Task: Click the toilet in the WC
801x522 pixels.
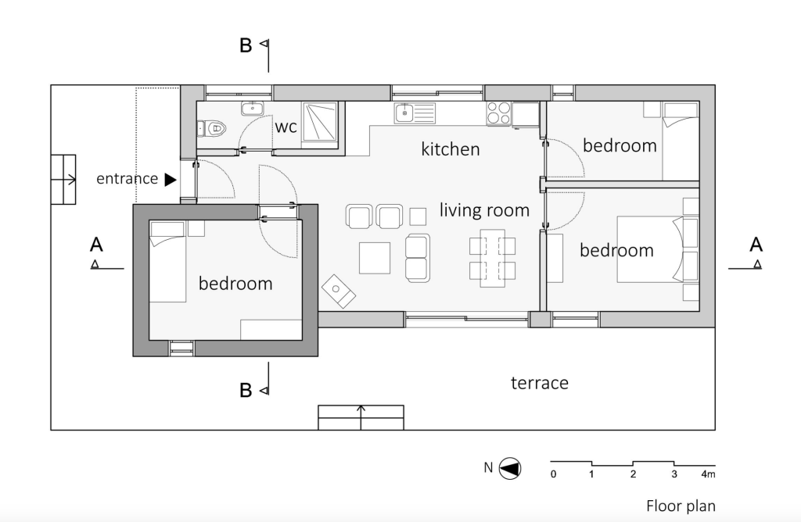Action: click(214, 127)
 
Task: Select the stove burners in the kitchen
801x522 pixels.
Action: click(498, 113)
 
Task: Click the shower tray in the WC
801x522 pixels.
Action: click(319, 122)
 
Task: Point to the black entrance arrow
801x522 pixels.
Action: click(171, 179)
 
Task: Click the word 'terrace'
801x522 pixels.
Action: click(539, 383)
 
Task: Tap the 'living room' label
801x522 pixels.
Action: click(484, 210)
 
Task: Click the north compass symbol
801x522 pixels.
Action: click(510, 468)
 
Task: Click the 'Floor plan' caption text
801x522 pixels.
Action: click(680, 506)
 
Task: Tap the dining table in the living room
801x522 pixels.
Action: click(492, 259)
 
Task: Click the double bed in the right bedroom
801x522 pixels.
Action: click(649, 249)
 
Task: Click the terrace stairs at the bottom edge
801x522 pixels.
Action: click(361, 417)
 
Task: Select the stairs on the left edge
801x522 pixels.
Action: click(63, 180)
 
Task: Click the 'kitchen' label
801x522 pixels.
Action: click(451, 148)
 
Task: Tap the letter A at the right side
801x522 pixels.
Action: click(756, 245)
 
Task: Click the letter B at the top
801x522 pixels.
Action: click(246, 46)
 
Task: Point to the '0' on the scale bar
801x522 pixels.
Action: click(553, 474)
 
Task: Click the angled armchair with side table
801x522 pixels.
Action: click(338, 291)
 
